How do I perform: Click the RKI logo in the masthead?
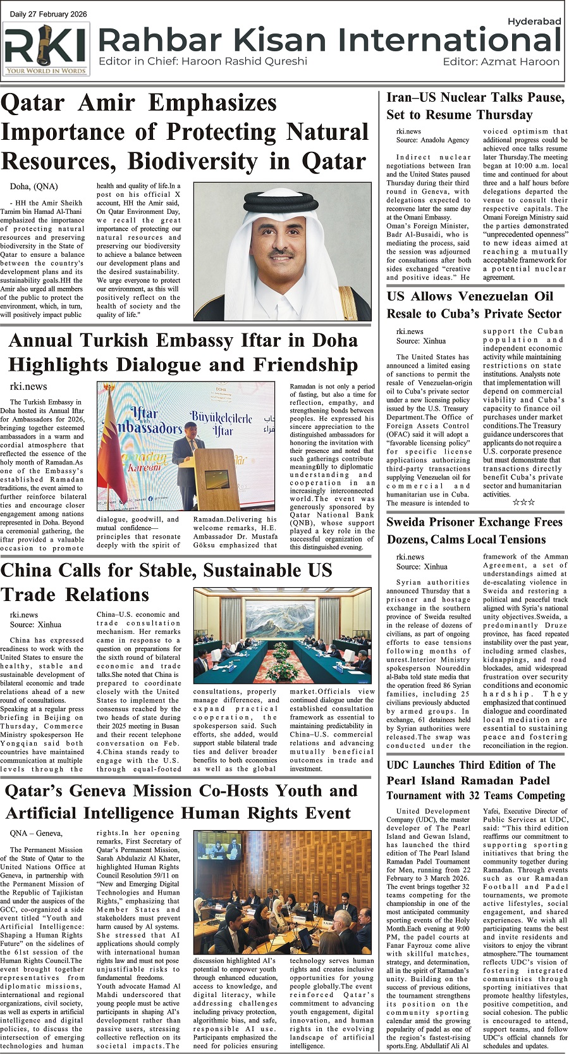[46, 49]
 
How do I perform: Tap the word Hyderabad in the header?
[534, 21]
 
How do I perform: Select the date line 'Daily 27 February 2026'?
[49, 15]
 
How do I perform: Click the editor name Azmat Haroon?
[520, 62]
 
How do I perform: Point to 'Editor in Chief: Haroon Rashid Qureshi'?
[202, 61]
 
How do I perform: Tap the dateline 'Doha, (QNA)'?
[34, 187]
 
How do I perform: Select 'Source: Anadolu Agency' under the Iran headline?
[432, 140]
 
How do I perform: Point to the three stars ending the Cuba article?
[523, 502]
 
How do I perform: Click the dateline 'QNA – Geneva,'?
[36, 833]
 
